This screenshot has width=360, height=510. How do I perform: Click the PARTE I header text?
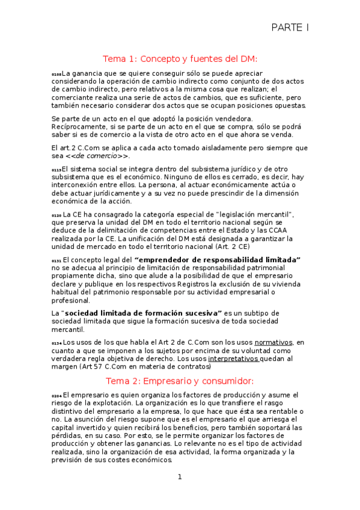pos(289,27)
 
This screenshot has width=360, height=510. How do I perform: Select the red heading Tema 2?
pos(180,381)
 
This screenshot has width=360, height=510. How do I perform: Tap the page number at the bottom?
pos(179,477)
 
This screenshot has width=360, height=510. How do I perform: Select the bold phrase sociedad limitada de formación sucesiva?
pos(143,313)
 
